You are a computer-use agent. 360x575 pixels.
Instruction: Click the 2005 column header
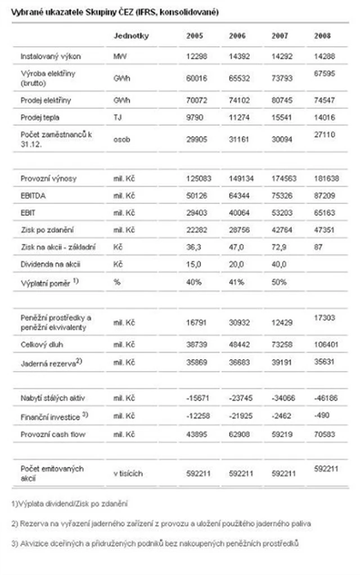click(194, 36)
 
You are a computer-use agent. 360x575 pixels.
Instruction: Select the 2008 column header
click(322, 36)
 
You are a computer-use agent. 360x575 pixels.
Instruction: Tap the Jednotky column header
click(130, 36)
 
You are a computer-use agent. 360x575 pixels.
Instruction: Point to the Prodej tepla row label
click(40, 117)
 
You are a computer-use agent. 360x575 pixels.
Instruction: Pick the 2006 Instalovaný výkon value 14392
click(241, 57)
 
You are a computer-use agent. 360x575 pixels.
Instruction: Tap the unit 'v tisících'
click(127, 473)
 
